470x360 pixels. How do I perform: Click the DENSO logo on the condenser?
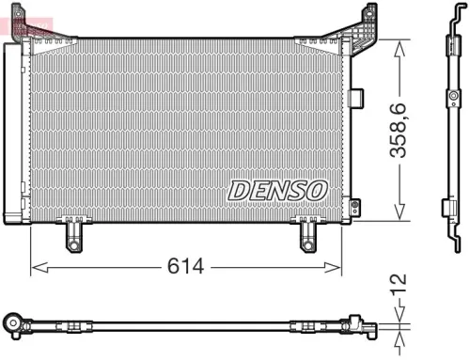pyautogui.click(x=276, y=190)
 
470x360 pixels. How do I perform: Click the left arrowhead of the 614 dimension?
pyautogui.click(x=36, y=268)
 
